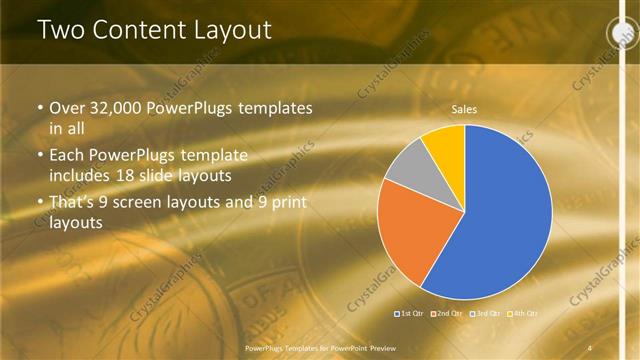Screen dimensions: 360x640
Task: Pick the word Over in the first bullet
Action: tap(68, 107)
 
